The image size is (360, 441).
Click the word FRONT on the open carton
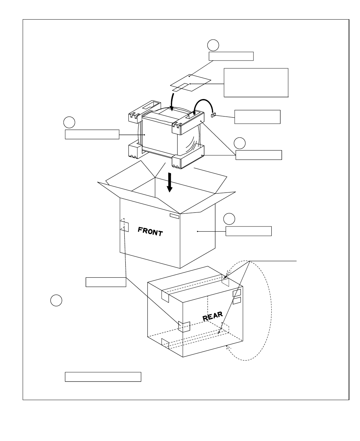click(150, 231)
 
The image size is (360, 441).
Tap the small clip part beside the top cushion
click(213, 114)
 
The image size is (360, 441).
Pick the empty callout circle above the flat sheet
click(213, 45)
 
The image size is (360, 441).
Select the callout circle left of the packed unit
click(69, 122)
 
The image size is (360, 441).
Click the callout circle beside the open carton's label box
click(229, 219)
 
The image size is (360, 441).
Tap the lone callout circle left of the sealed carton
click(56, 300)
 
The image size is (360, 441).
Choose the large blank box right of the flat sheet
click(256, 83)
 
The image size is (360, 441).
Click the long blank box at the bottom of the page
click(103, 377)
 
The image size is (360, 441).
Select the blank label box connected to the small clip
click(257, 117)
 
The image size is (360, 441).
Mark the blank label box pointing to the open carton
click(248, 231)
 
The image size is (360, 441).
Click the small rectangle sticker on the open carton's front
click(174, 216)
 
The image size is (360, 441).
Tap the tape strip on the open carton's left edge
click(124, 225)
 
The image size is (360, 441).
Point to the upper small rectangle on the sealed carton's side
click(237, 293)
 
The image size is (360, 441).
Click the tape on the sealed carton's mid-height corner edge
click(184, 327)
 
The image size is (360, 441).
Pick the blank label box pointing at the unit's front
click(92, 134)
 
